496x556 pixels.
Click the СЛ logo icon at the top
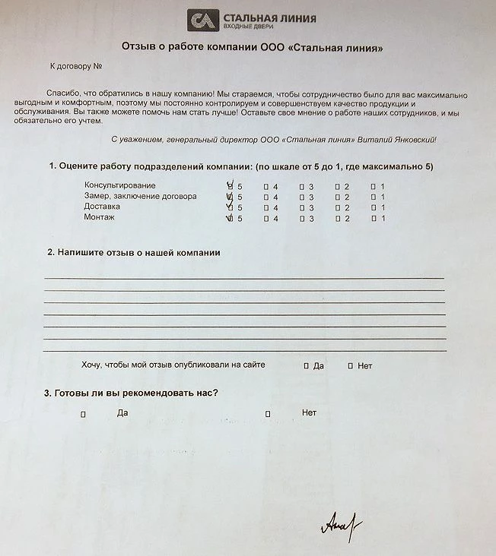click(x=203, y=21)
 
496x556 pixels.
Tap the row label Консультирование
click(x=119, y=185)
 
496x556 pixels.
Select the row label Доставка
click(x=102, y=207)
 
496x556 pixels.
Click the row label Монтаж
click(x=99, y=218)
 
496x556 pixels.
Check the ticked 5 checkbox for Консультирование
click(x=231, y=186)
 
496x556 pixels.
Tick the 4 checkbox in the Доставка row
click(x=265, y=207)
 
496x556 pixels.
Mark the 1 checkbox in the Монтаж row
click(x=373, y=219)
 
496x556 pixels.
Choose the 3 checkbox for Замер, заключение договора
click(x=301, y=197)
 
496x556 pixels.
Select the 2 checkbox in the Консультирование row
click(x=337, y=186)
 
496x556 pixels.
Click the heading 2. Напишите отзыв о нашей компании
click(x=134, y=253)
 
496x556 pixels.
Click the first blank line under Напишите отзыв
click(x=243, y=277)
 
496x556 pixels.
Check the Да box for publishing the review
click(x=306, y=366)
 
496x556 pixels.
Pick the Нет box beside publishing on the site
click(x=350, y=366)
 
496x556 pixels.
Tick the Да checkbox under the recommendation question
click(x=83, y=414)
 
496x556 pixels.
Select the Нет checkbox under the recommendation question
click(x=268, y=414)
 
